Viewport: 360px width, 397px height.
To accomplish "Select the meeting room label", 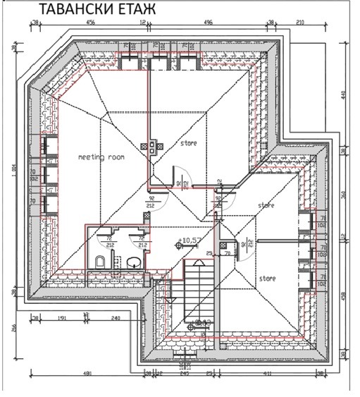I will coord(100,157).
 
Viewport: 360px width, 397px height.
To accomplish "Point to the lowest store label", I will coord(266,278).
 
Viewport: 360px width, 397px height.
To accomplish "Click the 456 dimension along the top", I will coord(90,23).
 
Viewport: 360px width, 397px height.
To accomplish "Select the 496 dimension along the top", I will coord(208,23).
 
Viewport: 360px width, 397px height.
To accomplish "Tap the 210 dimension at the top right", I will coord(301,23).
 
